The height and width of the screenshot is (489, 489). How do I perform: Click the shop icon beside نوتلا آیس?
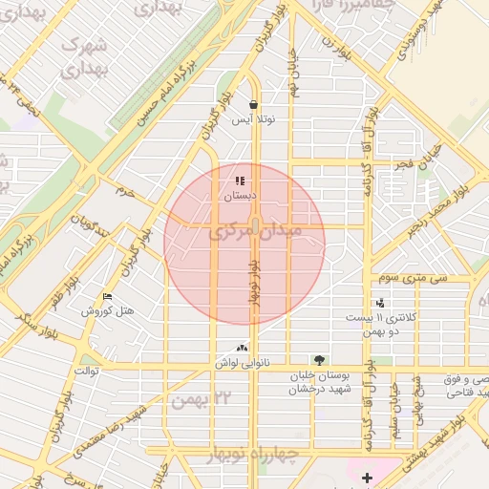[253, 105]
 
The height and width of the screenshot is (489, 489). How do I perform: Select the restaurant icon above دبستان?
[240, 180]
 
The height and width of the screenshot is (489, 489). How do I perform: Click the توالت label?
[86, 369]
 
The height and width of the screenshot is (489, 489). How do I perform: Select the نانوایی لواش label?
[241, 364]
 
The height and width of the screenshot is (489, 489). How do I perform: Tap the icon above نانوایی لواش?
[241, 349]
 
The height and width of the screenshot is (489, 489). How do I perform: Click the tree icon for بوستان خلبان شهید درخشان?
[318, 360]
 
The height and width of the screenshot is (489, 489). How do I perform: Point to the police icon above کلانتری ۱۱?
[380, 304]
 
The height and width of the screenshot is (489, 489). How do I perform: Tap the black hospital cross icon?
[367, 477]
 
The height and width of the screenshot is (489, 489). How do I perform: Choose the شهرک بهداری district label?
[82, 57]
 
